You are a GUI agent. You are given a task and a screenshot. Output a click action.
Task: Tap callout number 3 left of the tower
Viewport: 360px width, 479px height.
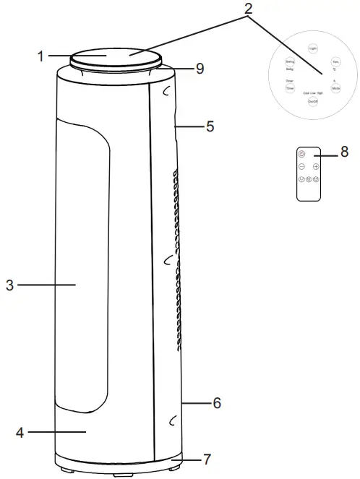pos(9,285)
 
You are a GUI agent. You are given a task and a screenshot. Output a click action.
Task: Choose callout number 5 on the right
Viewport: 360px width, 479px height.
pos(210,126)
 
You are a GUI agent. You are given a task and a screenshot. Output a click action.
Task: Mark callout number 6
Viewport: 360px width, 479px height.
pos(215,402)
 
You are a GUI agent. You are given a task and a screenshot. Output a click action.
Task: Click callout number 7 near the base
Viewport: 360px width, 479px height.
pos(208,459)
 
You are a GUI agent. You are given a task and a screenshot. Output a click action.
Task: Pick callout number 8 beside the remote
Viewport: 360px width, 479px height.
pos(344,152)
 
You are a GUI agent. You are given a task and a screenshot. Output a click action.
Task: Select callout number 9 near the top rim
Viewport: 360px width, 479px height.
pos(200,69)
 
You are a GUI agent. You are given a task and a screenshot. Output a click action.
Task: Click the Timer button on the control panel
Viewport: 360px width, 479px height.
pos(289,87)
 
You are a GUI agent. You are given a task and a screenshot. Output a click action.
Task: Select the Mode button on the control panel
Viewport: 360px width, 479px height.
pos(335,87)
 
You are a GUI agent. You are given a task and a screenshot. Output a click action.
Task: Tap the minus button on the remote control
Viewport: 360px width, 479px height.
pos(302,166)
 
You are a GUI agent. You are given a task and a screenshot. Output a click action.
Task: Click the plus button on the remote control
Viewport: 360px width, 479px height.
pos(316,166)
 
